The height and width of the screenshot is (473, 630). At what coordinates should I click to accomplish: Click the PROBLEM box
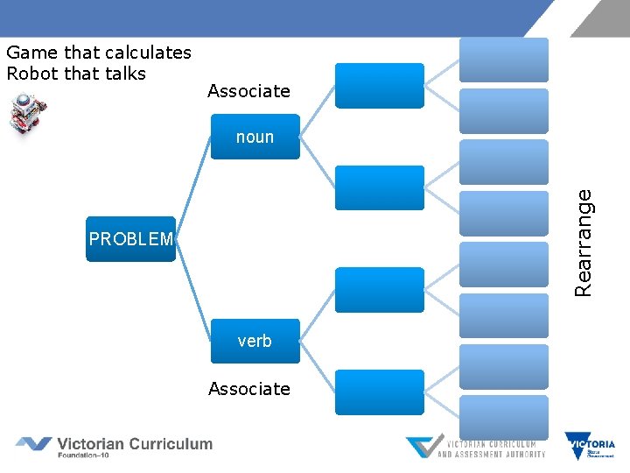click(130, 239)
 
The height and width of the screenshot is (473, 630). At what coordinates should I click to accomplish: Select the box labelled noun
click(255, 137)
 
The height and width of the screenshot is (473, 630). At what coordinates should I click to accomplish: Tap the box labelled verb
click(255, 341)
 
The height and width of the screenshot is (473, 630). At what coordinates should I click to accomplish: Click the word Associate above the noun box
click(249, 91)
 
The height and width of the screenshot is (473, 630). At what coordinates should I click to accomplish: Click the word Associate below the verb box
click(249, 388)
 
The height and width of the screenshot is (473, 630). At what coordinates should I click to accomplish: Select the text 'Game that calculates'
click(99, 53)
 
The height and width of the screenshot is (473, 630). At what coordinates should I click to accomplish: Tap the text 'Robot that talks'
click(76, 74)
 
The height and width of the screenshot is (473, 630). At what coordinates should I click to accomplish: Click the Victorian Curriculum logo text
click(134, 444)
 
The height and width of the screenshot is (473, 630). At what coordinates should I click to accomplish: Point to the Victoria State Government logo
click(590, 446)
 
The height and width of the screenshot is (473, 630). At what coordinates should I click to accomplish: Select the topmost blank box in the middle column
click(380, 85)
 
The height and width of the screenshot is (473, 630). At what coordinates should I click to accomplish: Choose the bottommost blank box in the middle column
click(380, 392)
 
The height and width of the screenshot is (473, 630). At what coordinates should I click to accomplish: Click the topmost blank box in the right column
click(504, 60)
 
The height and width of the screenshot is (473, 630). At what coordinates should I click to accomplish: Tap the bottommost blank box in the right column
click(504, 417)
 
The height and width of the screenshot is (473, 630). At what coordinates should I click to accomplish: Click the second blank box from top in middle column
click(380, 187)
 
